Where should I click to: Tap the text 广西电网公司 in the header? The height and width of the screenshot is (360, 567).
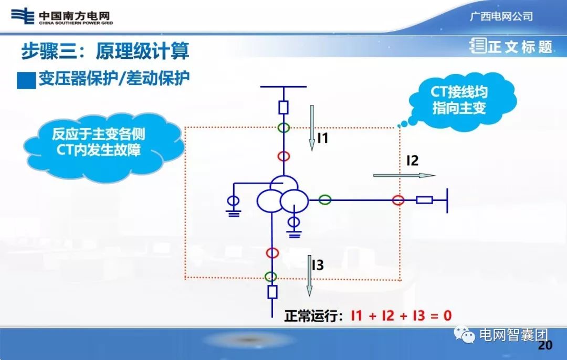pos(501,16)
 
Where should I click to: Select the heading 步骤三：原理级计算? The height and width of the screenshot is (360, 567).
pos(105,51)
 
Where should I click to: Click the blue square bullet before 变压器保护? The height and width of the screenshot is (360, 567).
pos(26,80)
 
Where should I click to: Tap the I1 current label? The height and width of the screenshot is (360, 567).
pos(322,138)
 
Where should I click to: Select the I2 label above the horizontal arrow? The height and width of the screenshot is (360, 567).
pos(412,161)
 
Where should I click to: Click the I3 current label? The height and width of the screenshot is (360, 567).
pos(318,265)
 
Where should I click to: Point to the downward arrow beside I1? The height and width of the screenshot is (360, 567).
pos(311,128)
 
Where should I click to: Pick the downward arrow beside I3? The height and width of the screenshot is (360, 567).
pos(309,275)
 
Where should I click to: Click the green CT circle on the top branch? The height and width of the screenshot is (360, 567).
pos(283,128)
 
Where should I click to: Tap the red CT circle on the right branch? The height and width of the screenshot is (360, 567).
pos(398,200)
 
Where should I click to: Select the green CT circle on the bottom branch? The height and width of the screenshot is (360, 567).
pos(271,276)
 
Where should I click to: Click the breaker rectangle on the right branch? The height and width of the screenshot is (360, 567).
pos(424,200)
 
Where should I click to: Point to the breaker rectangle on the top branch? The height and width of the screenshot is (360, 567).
pos(283,108)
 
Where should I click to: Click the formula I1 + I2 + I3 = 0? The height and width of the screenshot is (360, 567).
pos(401,316)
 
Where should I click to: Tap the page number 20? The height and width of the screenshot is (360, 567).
pos(545,345)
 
